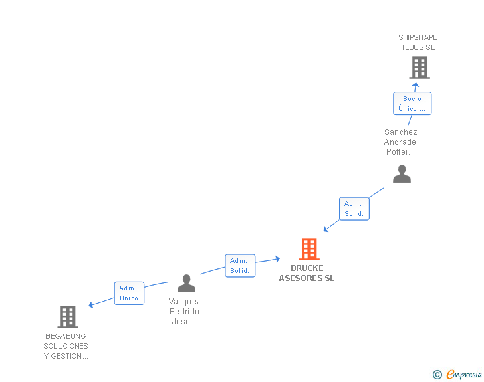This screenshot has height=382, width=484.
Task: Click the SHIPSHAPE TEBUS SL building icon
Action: coord(419,68)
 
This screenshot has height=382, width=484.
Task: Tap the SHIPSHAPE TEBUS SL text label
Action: coord(418,43)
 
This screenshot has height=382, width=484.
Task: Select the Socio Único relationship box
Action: coord(412,104)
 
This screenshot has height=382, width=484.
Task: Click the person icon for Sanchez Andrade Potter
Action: coord(402,174)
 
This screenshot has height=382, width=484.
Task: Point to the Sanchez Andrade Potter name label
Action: coord(400,142)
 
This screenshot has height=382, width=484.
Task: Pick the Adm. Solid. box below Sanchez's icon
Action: coord(354,209)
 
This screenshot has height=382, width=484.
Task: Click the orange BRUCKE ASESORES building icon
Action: coord(309,249)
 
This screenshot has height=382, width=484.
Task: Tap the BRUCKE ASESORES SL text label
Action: coord(306,274)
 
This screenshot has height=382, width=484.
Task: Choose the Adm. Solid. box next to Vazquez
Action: coord(239,266)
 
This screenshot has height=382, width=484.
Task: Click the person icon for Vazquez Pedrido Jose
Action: coord(187,284)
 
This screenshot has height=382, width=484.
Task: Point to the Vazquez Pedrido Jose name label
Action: coord(184,312)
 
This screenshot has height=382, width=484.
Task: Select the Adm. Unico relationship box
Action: coord(129,293)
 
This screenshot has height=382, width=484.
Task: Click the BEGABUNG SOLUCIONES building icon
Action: coord(68,317)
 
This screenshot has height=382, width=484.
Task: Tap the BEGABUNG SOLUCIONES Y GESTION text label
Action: coord(66,346)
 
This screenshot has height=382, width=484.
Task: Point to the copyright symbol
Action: coord(437,375)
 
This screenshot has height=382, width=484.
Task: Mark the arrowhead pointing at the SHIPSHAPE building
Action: coord(416,85)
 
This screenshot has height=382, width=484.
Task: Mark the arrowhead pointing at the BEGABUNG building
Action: coord(92,305)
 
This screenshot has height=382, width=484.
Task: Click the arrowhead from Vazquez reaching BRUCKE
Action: coord(277,259)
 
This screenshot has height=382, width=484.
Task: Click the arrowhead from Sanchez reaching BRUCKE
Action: coord(326,229)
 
